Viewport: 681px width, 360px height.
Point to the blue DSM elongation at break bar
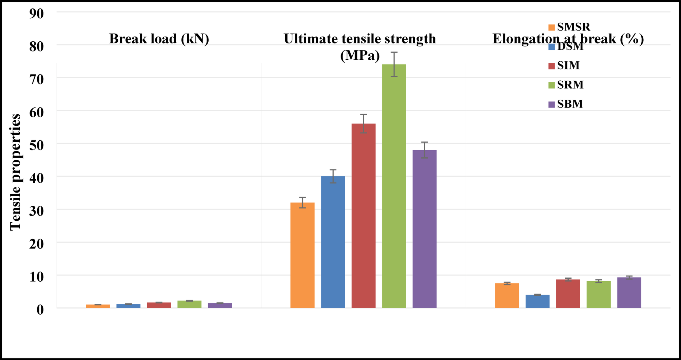[537, 301]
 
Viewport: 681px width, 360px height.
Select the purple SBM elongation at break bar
[629, 293]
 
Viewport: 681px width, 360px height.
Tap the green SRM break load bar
[189, 304]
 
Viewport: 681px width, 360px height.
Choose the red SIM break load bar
[159, 305]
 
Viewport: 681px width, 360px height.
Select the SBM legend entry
[566, 104]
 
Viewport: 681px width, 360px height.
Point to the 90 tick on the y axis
[36, 14]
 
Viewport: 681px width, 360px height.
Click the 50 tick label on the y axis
[36, 145]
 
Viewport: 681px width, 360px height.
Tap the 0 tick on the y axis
[40, 309]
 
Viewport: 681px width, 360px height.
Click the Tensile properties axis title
[15, 172]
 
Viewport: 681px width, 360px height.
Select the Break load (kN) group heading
[159, 39]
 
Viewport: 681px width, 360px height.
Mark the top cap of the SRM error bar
[394, 52]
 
